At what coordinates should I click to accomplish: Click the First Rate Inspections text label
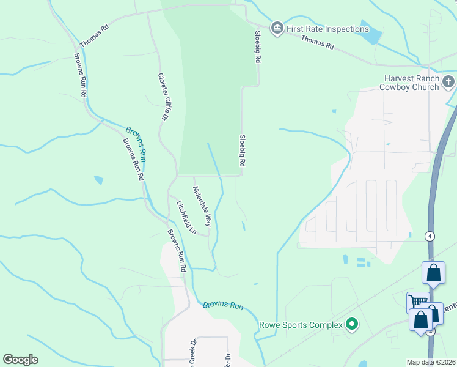pos(327,29)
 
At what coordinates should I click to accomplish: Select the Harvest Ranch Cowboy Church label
pos(411,83)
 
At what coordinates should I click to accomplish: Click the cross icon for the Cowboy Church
pos(448,81)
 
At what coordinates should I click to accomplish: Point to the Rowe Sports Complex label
pos(301,325)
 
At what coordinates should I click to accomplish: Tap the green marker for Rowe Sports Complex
pos(351,324)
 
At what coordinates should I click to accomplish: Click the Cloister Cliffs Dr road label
pos(163,96)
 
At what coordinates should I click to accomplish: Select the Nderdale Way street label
pos(202,207)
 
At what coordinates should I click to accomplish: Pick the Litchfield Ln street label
pos(186,218)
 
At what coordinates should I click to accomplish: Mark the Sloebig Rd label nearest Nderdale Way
pos(242,151)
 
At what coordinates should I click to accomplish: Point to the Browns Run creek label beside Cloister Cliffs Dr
pos(136,143)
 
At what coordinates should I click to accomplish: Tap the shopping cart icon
pos(417,301)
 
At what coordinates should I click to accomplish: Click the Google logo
pos(20,360)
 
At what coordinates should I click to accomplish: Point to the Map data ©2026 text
pos(431,362)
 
